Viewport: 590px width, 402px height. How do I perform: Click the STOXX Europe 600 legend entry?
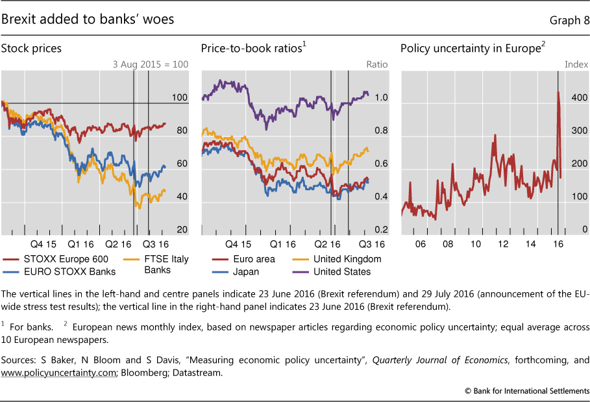55,259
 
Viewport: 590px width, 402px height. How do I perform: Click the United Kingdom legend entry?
347,259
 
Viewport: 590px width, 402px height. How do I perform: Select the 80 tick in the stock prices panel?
181,131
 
